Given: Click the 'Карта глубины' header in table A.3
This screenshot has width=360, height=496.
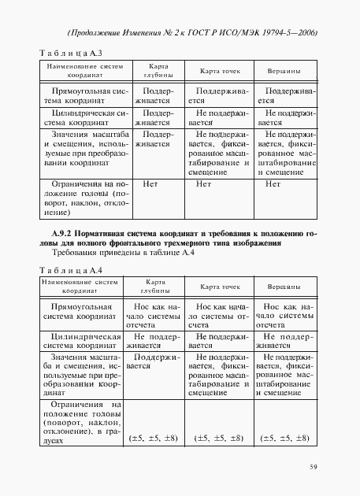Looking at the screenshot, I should (x=153, y=72).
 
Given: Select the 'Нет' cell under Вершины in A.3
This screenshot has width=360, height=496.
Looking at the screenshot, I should (x=273, y=183).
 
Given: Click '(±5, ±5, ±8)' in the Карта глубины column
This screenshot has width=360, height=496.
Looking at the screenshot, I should (x=152, y=437).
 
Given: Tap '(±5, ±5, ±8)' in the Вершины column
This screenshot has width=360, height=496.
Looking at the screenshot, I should (x=284, y=437).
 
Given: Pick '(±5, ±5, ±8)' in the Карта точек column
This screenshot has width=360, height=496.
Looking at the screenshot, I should (x=218, y=437).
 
